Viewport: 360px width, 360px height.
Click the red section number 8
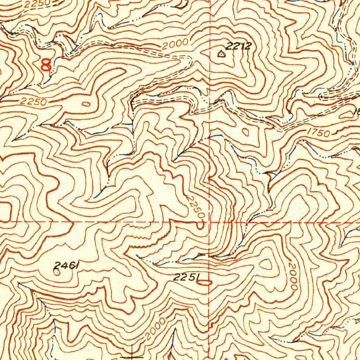click(x=46, y=65)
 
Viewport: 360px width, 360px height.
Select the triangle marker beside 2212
click(x=221, y=54)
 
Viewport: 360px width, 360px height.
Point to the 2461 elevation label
click(x=66, y=266)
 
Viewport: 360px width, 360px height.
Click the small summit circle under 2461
click(x=58, y=273)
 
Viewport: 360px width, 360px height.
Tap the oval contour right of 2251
click(x=206, y=282)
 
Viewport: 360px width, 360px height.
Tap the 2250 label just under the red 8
click(x=33, y=102)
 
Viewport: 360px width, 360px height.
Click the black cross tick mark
click(x=132, y=356)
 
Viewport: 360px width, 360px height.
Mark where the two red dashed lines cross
click(x=210, y=222)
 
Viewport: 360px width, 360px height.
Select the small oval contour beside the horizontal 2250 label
click(x=86, y=104)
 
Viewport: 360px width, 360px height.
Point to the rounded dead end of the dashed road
click(x=321, y=96)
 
